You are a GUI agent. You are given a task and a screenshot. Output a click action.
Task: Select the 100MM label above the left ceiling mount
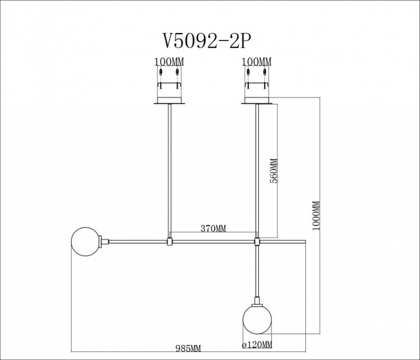[169, 62]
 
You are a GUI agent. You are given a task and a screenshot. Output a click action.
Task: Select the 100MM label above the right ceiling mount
[257, 62]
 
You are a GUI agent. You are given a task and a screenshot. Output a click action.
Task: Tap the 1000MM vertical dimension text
[316, 215]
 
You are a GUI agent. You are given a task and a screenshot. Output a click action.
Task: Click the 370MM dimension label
[213, 229]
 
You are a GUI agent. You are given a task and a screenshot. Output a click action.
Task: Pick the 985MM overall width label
[188, 348]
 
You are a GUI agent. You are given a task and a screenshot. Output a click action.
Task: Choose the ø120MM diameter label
[257, 345]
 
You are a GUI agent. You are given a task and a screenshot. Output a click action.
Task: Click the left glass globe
[86, 241]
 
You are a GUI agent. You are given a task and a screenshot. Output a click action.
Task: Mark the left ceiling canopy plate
[169, 102]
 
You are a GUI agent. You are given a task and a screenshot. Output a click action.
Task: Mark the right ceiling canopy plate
[257, 102]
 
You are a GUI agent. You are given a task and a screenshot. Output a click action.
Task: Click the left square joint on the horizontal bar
[169, 242]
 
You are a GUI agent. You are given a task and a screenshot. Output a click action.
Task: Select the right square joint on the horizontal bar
[257, 242]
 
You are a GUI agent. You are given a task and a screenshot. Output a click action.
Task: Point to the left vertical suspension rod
[169, 170]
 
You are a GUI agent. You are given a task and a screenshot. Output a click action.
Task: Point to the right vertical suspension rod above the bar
[257, 170]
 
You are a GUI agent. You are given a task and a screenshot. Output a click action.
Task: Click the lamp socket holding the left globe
[105, 241]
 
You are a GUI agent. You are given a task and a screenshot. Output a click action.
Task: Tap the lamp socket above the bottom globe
[257, 298]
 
